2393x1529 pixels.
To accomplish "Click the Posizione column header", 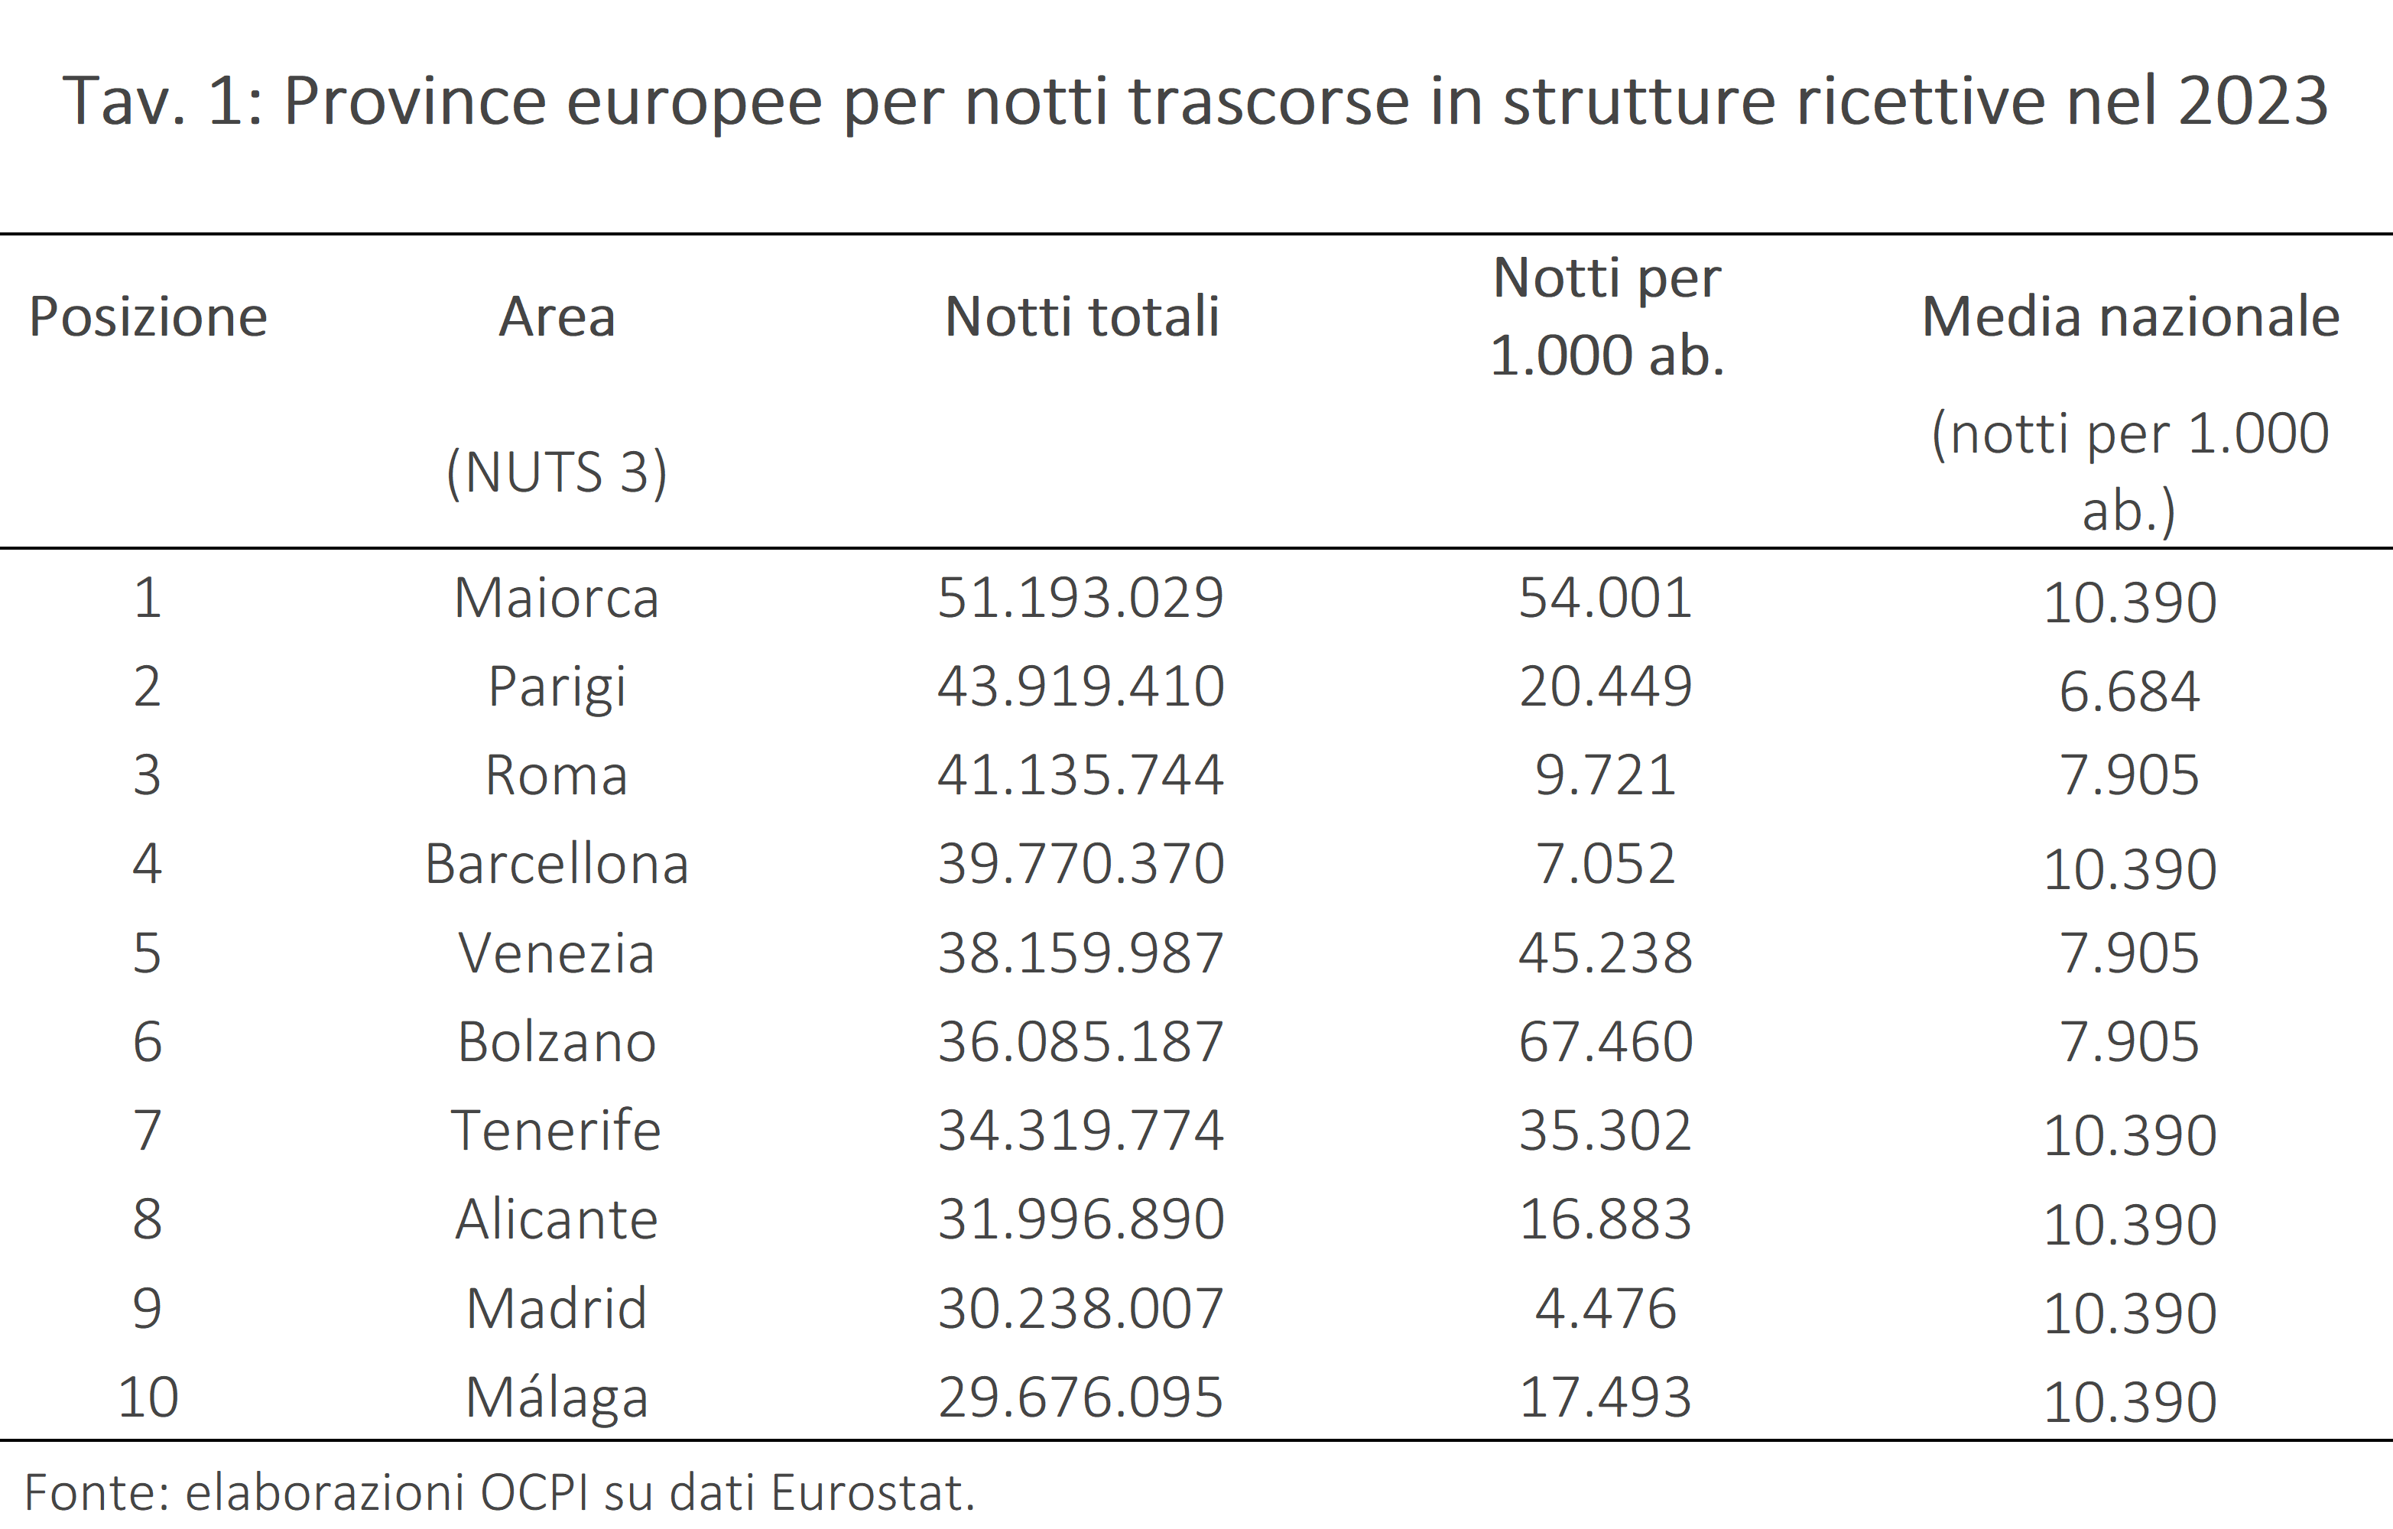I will (x=148, y=317).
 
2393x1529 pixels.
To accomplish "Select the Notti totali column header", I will (x=1081, y=317).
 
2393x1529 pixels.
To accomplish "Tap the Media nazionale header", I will (x=2130, y=317).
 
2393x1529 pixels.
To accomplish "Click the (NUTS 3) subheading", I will (x=557, y=472).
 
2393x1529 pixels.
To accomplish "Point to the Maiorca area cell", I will (x=557, y=598).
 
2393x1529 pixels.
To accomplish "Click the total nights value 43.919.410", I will (x=1080, y=687).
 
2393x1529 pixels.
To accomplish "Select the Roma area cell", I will (x=557, y=775).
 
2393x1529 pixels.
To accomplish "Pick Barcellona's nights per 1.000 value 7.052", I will (x=1605, y=863).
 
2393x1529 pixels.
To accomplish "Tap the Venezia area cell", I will (x=557, y=953).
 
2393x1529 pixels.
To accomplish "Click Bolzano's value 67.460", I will (x=1605, y=1041).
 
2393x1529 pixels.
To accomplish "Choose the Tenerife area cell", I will (x=557, y=1131).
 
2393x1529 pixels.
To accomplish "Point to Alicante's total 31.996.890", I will (x=1080, y=1219).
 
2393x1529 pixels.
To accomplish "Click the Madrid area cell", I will (x=557, y=1309).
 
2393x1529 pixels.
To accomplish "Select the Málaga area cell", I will (x=557, y=1398).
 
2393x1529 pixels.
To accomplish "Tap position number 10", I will (x=148, y=1397).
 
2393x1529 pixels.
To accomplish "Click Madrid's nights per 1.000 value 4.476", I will (x=1605, y=1309).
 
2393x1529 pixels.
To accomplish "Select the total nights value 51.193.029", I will (x=1080, y=598).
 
